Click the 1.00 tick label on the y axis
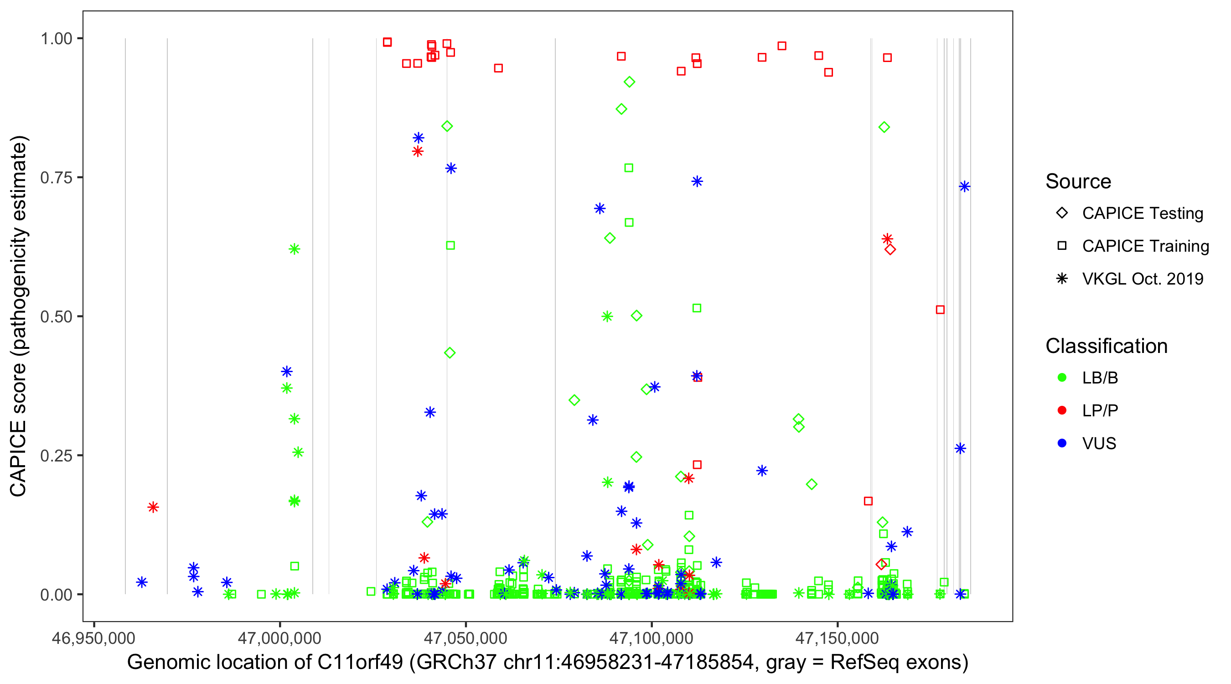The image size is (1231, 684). (56, 38)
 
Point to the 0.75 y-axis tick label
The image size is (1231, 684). (56, 177)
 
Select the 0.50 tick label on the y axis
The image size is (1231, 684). (56, 316)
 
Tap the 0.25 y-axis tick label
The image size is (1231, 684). (56, 455)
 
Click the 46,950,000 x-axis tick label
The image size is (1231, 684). (93, 637)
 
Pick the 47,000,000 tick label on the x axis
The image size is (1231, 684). (279, 637)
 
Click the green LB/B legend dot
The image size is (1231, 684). (1062, 378)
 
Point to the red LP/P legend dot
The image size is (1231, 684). (1062, 410)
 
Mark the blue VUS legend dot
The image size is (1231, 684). (1062, 443)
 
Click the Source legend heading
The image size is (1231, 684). (1078, 181)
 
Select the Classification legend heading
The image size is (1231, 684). (1106, 346)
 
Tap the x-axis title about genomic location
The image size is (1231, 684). (548, 663)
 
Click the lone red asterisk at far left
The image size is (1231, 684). (153, 507)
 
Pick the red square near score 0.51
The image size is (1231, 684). (940, 310)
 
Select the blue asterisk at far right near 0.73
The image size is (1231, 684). (964, 187)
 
